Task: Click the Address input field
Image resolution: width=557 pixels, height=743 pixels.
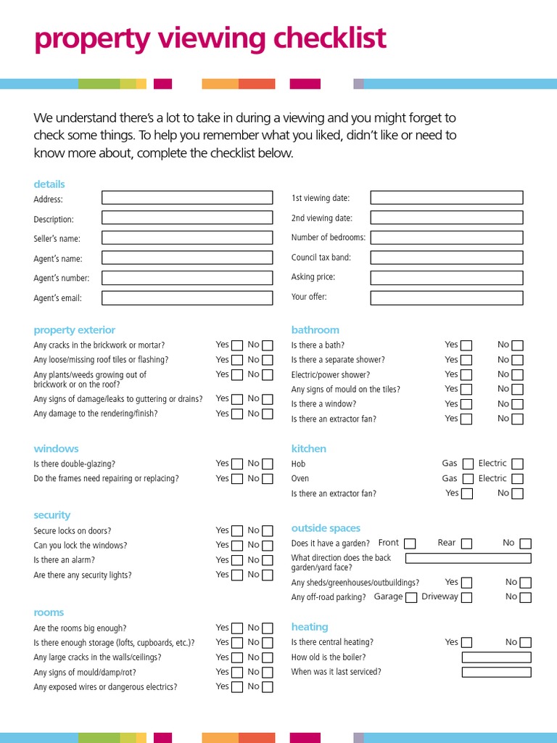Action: pos(187,197)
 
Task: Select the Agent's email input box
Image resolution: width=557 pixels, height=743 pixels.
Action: pos(187,297)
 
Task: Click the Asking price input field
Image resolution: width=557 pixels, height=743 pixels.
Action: pos(446,277)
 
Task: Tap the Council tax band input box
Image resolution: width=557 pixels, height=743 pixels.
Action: pos(446,258)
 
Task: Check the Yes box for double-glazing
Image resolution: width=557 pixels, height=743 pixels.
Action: pos(237,464)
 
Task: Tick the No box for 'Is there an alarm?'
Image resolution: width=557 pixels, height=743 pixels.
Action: pos(268,560)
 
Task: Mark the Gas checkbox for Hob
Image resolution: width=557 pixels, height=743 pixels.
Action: pos(468,464)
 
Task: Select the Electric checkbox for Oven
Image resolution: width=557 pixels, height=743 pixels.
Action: pos(517,479)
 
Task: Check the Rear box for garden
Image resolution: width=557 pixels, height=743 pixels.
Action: pos(466,543)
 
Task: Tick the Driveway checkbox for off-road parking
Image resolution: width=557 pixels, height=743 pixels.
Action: pos(466,598)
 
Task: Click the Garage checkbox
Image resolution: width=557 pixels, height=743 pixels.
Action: pos(411,598)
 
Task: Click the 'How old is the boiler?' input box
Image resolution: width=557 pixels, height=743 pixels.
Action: pos(496,657)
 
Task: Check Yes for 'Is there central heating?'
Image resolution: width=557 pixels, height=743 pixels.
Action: pos(466,643)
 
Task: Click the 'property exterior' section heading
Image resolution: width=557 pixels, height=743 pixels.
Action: pos(74,330)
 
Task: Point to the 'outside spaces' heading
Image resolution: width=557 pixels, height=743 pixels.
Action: pos(326,528)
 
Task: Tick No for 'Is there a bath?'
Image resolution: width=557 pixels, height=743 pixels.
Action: pos(517,345)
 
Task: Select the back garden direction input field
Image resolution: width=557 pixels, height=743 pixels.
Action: pos(468,558)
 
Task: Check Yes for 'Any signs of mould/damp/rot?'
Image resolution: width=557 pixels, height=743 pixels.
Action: pos(237,673)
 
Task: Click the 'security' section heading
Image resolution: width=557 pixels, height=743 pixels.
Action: pos(51,515)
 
